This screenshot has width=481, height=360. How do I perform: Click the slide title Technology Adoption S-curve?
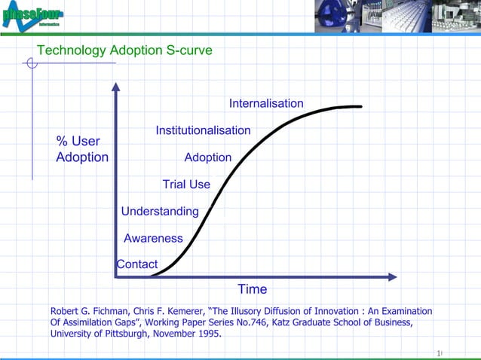124,51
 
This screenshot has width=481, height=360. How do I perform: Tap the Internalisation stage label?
266,103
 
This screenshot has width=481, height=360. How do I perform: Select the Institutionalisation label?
203,130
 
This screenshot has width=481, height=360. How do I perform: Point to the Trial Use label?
186,185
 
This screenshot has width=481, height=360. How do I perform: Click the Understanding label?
160,212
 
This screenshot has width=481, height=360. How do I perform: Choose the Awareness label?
153,239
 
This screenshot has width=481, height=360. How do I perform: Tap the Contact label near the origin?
137,264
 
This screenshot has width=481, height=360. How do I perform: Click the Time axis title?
252,289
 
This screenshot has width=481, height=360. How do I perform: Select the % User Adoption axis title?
81,149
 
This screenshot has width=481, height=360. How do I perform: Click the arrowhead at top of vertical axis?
115,86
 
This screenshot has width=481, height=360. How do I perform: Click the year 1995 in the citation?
207,334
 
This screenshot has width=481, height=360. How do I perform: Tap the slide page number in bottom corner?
439,353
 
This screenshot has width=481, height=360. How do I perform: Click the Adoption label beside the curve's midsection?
207,157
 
